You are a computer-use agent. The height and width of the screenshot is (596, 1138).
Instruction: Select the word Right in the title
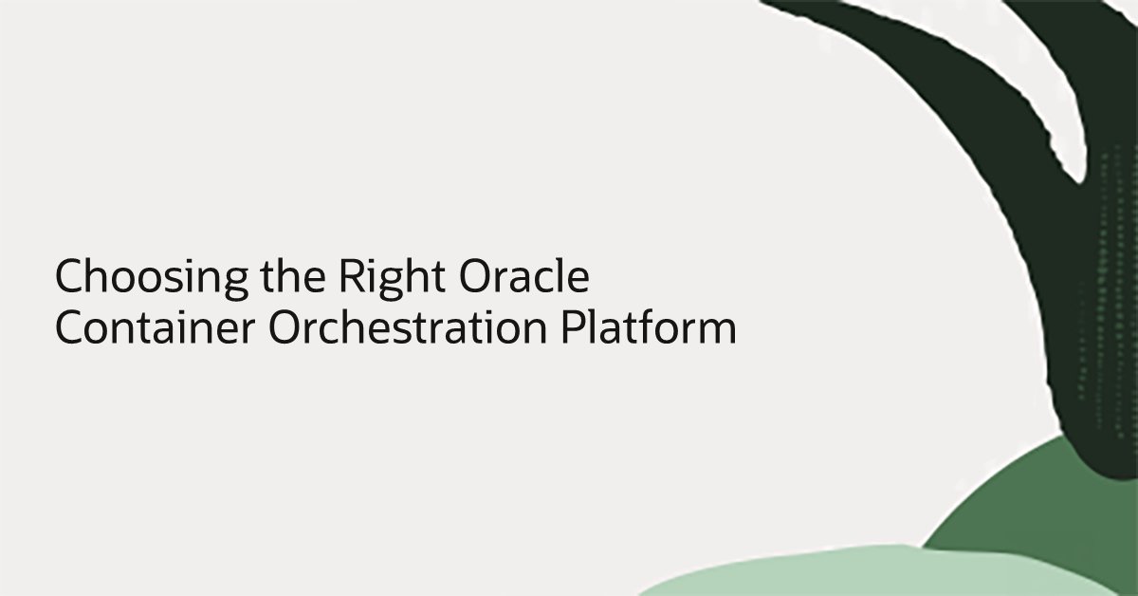coord(379,279)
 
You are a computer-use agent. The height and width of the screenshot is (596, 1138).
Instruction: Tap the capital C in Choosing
coord(69,279)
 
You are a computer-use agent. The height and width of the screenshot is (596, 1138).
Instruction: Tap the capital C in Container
coord(69,328)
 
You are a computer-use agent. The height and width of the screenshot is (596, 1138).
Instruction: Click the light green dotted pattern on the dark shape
coord(1110,285)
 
